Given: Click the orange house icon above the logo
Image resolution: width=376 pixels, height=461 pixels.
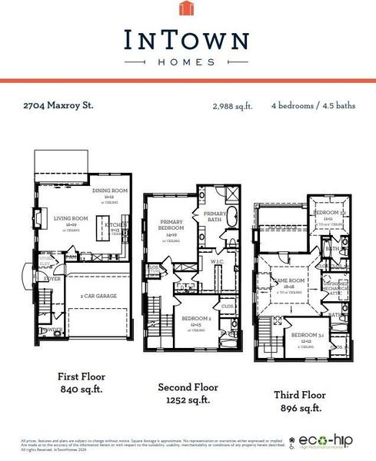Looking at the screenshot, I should [188, 8].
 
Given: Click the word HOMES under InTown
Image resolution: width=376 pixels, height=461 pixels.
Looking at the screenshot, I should [188, 61].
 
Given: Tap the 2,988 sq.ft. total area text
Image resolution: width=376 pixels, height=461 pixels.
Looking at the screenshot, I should [232, 106].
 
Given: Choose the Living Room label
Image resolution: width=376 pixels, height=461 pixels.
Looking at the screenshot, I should [71, 220].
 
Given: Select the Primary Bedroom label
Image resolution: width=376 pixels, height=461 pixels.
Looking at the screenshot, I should [171, 225].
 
